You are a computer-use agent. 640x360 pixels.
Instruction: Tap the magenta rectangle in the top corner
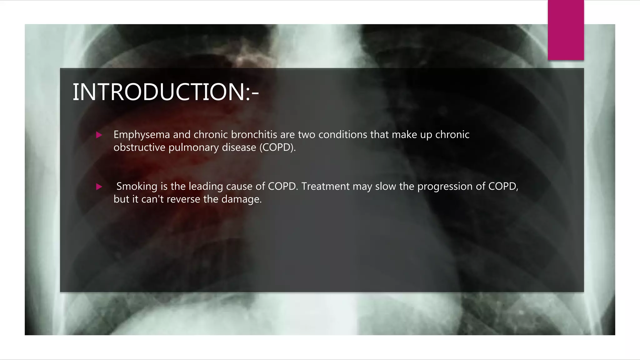coord(566,30)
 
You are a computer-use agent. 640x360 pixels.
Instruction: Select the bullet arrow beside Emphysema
coord(99,135)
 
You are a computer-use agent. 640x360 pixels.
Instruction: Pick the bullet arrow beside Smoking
coord(99,187)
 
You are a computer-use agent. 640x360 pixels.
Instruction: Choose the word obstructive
coord(139,147)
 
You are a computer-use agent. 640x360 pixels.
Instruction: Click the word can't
coord(152,199)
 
